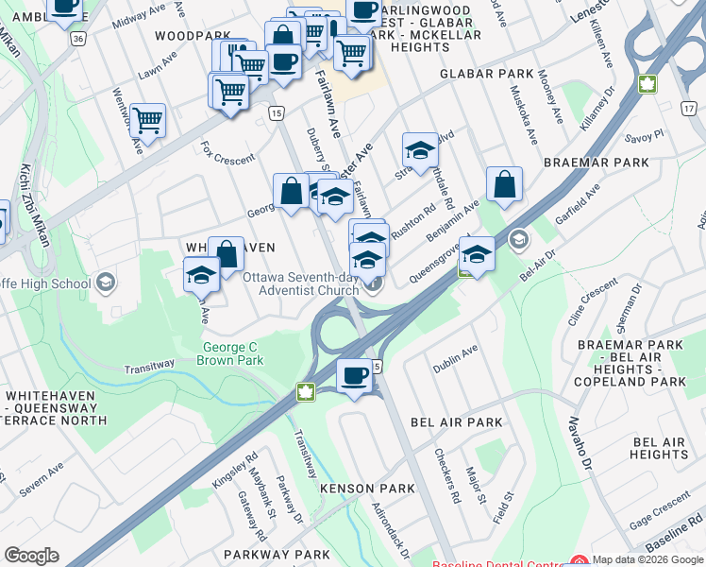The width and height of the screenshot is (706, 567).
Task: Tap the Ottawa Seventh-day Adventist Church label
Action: click(301, 283)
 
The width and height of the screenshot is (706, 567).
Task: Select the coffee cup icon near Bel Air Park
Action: click(355, 377)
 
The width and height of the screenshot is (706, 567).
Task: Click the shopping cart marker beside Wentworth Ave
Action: click(147, 121)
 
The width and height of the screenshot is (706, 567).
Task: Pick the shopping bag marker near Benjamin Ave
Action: click(505, 185)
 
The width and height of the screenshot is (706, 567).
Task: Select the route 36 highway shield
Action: click(77, 39)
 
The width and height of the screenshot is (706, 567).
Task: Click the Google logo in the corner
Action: click(31, 556)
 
